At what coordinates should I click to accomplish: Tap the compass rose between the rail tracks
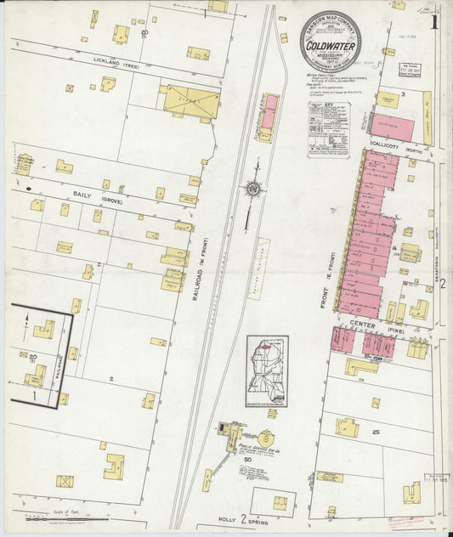click(x=252, y=189)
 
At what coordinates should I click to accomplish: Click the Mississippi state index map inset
click(x=268, y=370)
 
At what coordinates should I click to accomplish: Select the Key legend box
click(x=330, y=130)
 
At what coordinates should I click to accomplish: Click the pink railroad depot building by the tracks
click(x=269, y=111)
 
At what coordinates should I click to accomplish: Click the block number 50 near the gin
click(x=247, y=460)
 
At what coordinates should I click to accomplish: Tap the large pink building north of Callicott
click(x=391, y=127)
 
